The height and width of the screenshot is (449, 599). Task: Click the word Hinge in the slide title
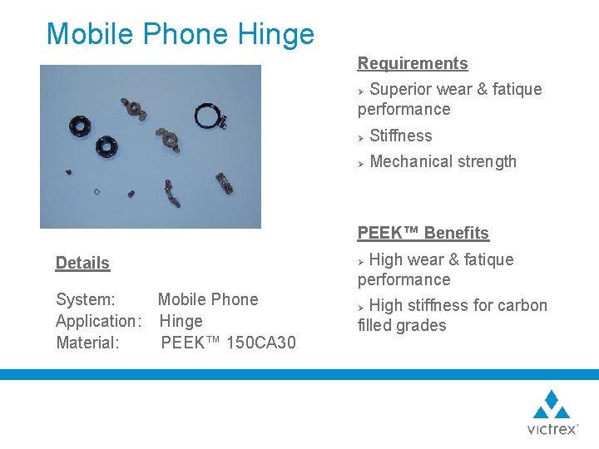point(276,35)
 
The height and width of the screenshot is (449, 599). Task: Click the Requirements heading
point(413,63)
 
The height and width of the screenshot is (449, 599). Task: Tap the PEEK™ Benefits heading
point(423,233)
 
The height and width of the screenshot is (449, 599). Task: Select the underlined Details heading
point(82,263)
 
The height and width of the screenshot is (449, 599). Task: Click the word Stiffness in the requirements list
point(401,136)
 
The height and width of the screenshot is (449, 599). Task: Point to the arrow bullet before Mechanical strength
point(362,162)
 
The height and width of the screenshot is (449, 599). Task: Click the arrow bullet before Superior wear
point(362,90)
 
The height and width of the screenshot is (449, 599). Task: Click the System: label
point(86,299)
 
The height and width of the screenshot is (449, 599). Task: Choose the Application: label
point(96,321)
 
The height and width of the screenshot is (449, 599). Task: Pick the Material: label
point(87,343)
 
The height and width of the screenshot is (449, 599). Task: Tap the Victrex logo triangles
point(552,405)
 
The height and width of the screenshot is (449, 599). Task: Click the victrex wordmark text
point(552,429)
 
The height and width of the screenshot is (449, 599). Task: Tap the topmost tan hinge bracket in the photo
point(135,106)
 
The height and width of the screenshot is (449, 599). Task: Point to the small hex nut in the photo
point(97,190)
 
